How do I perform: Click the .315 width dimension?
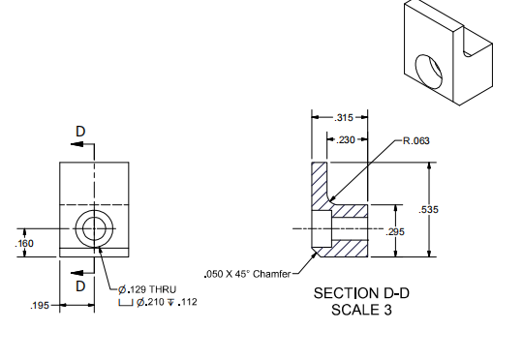point(344,118)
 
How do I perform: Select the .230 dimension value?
point(346,140)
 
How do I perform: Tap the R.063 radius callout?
point(416,140)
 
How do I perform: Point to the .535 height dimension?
point(429,210)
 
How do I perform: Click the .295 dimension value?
point(395,231)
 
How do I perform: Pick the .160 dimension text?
point(24,243)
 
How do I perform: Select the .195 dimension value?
point(40,306)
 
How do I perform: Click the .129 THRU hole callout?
point(147,289)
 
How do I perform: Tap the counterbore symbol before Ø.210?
point(125,303)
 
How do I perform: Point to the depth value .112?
point(188,302)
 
